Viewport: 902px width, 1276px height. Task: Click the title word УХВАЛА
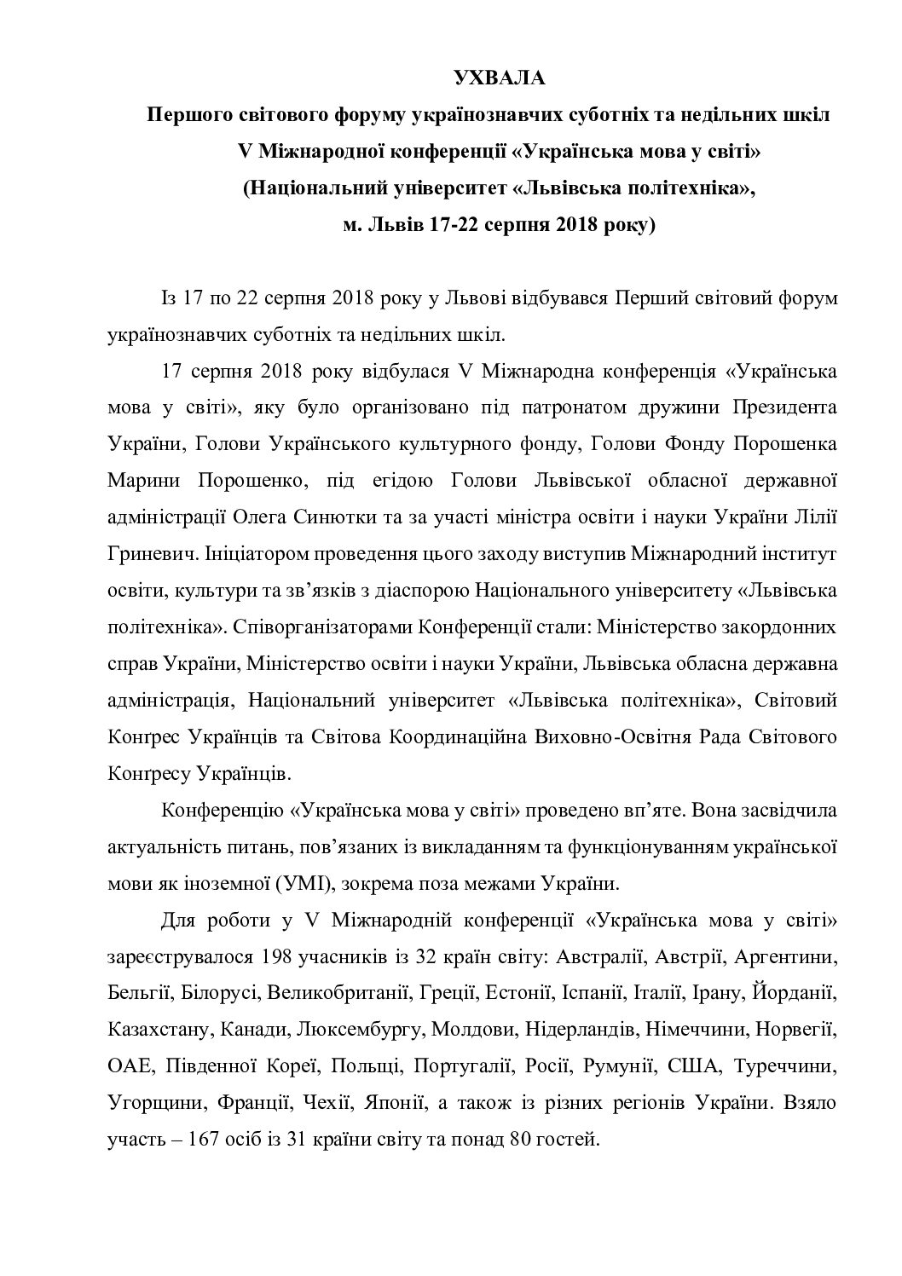point(498,79)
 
